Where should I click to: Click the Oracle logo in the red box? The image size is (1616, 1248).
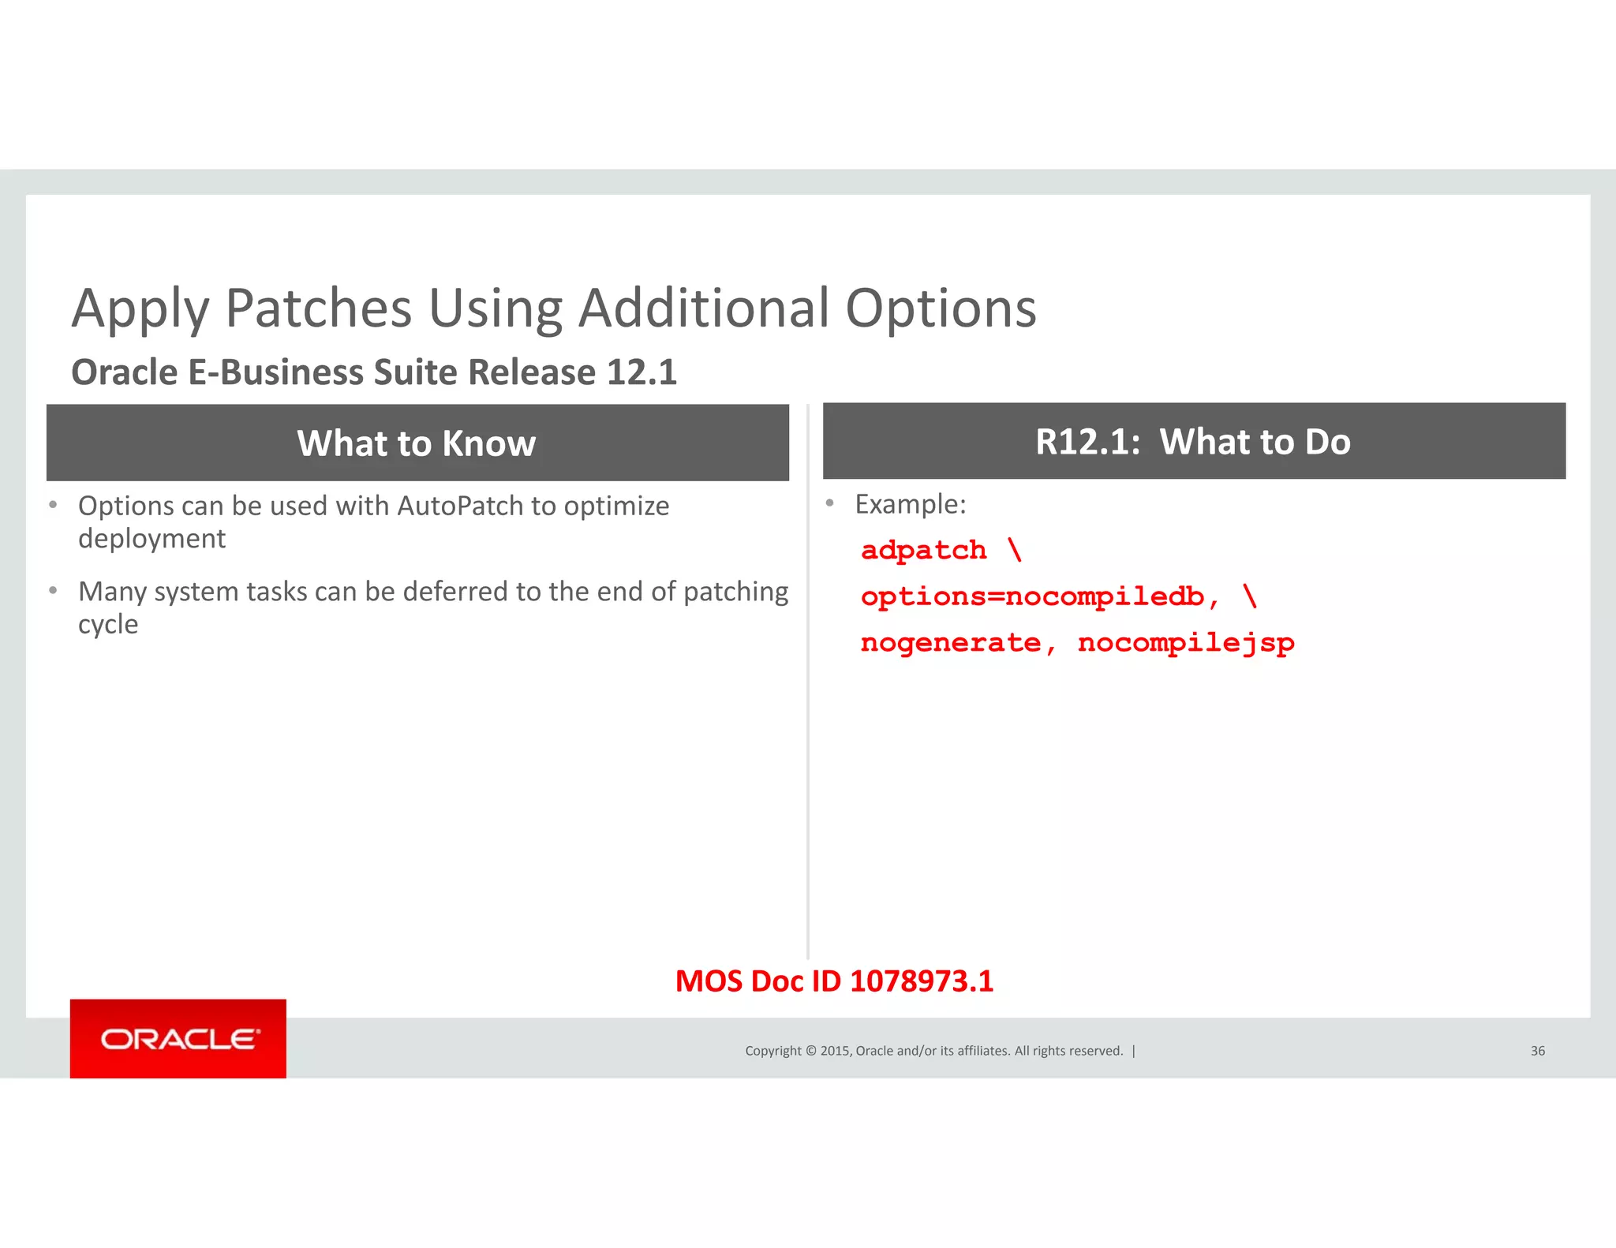coord(179,1039)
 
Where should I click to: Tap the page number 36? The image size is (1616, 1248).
coord(1537,1051)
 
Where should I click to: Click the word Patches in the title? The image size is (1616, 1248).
coord(319,308)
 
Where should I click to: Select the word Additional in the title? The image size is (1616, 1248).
coord(704,308)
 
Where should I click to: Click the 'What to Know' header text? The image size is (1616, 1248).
coord(417,443)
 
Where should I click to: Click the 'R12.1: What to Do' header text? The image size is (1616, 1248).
coord(1193,442)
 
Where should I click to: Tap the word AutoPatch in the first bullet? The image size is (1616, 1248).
coord(460,506)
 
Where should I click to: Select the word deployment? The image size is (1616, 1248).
coord(151,539)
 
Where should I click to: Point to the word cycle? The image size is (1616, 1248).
coord(108,625)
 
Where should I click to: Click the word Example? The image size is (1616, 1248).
coord(911,504)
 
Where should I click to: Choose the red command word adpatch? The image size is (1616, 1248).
coord(924,550)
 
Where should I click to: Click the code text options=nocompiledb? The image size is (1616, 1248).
coord(1040,596)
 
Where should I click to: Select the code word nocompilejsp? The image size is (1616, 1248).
coord(1186,644)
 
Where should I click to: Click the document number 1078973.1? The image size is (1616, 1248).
coord(922,981)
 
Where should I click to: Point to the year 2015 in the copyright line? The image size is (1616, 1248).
coord(835,1051)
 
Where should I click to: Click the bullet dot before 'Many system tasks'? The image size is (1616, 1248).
coord(53,590)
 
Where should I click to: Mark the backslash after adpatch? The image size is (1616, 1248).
coord(1015,549)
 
